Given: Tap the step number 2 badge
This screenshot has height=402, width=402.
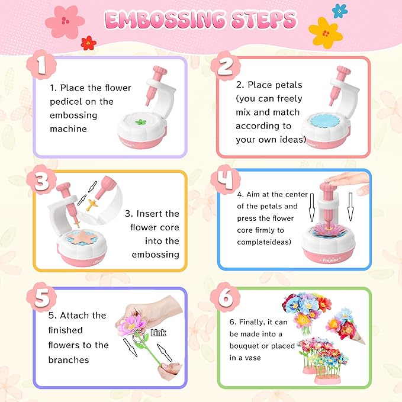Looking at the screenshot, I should pos(225,66).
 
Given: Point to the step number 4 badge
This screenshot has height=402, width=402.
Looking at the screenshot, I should pos(226,181).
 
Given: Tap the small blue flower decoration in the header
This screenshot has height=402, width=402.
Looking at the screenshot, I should pos(340,9).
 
